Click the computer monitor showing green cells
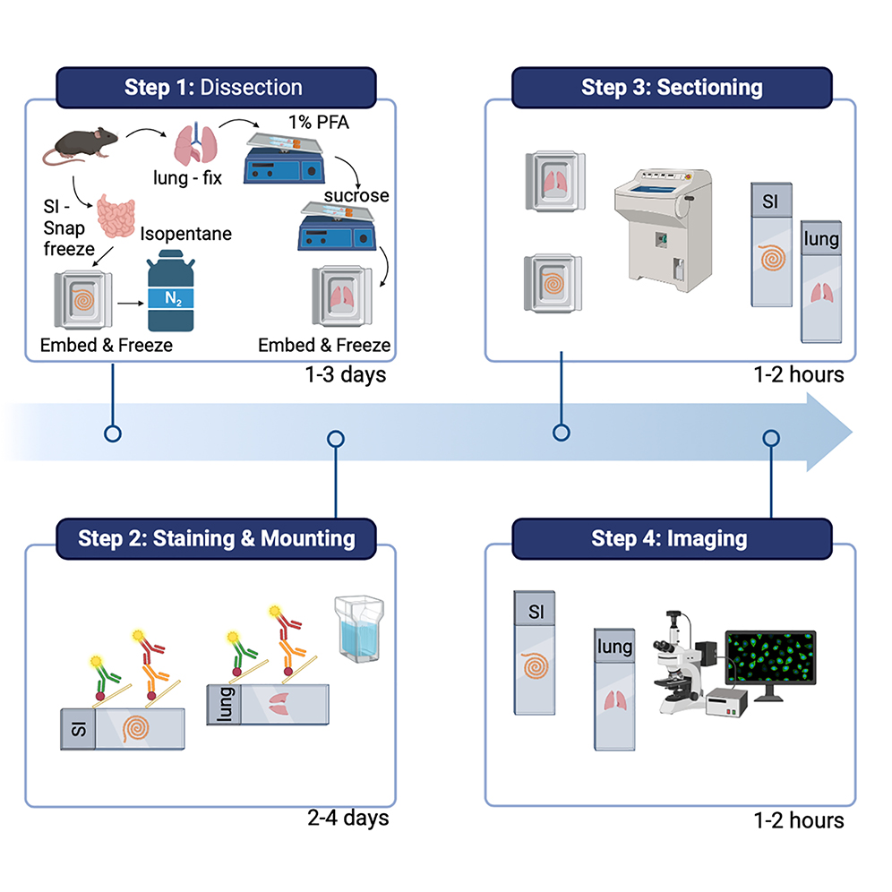pyautogui.click(x=769, y=664)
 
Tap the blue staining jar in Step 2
pyautogui.click(x=358, y=630)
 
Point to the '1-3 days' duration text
pyautogui.click(x=344, y=373)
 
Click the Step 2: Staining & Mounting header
pyautogui.click(x=216, y=538)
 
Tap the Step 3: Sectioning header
pyautogui.click(x=671, y=88)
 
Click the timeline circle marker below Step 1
pyautogui.click(x=112, y=434)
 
